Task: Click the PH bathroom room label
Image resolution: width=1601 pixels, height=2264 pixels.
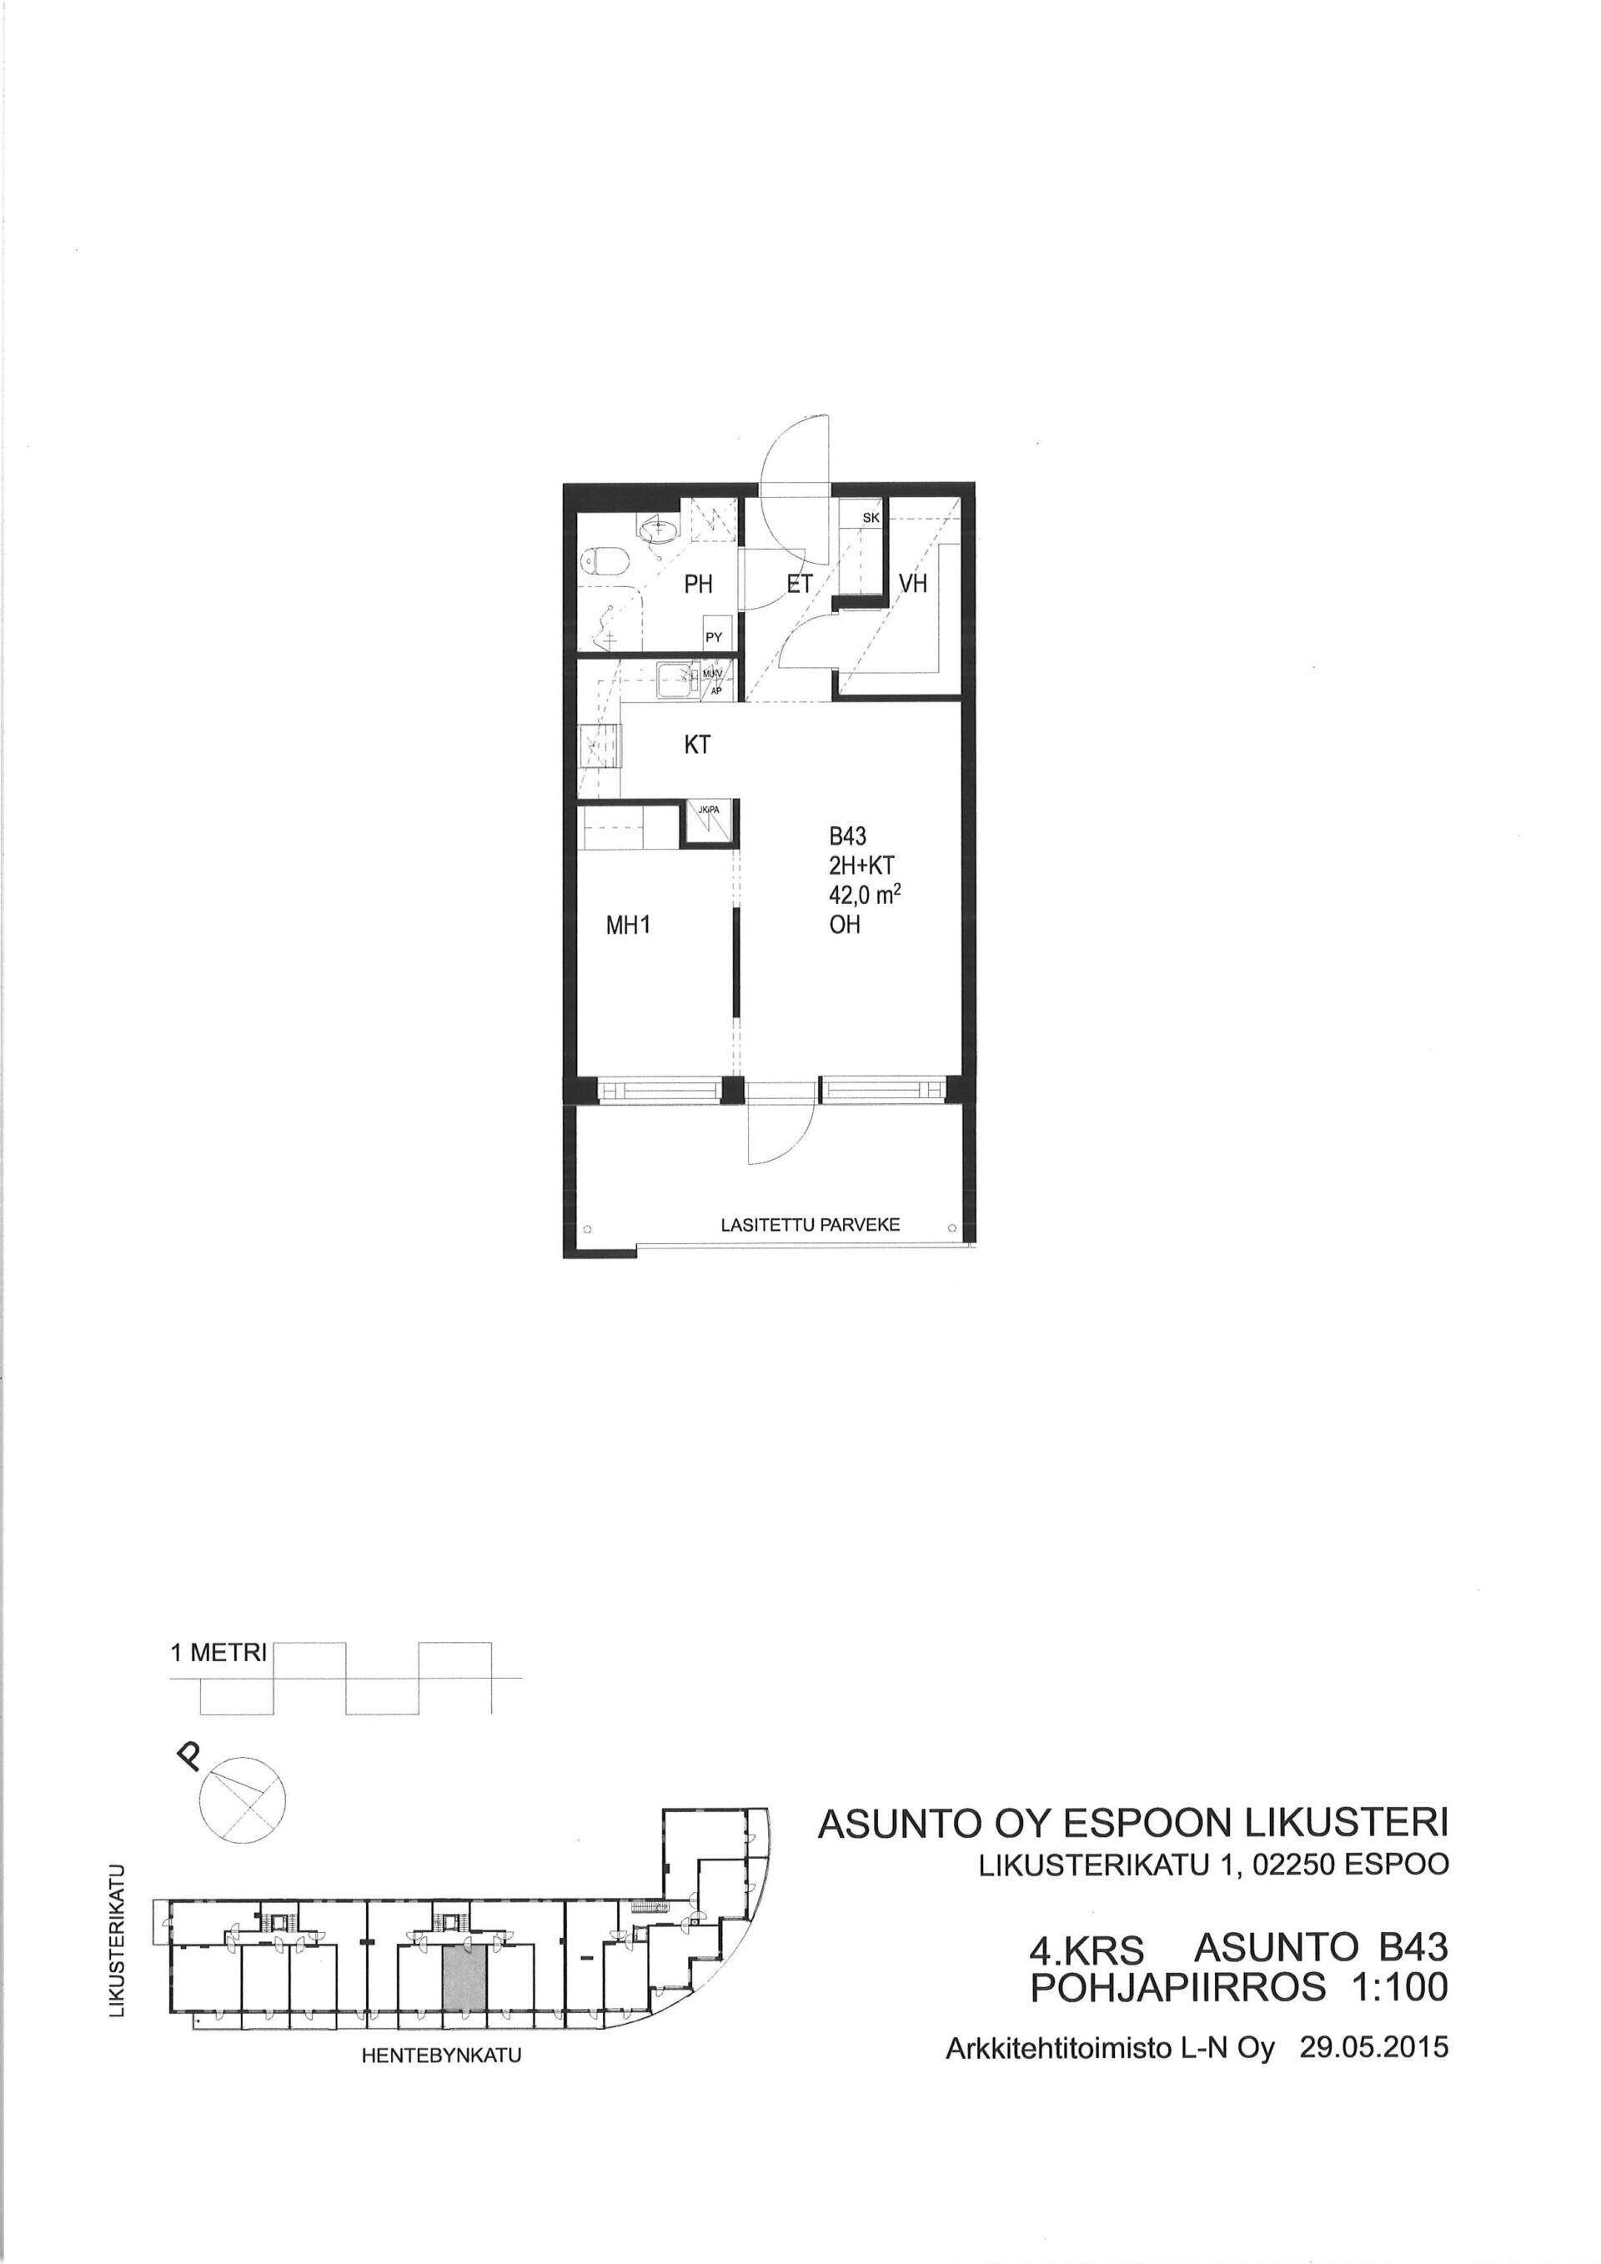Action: tap(698, 585)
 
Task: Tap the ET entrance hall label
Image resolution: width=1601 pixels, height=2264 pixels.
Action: tap(800, 585)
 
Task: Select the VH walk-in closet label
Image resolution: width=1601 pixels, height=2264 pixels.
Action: tap(913, 584)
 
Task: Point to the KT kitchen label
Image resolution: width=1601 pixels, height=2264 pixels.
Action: tap(697, 745)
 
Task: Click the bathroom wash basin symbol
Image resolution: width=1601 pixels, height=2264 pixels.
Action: tap(658, 531)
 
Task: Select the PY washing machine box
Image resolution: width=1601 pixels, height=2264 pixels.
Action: tap(715, 637)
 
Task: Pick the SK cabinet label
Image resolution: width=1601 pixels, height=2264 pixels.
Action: tap(871, 518)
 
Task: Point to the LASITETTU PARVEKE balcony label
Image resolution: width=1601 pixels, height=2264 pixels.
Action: tap(811, 1225)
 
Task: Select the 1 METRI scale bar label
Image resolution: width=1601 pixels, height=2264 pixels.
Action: tap(218, 1654)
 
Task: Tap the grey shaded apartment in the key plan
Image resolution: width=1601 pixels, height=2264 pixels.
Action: tap(464, 1978)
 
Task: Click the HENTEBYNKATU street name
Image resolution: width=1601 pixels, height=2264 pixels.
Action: tap(440, 2057)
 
